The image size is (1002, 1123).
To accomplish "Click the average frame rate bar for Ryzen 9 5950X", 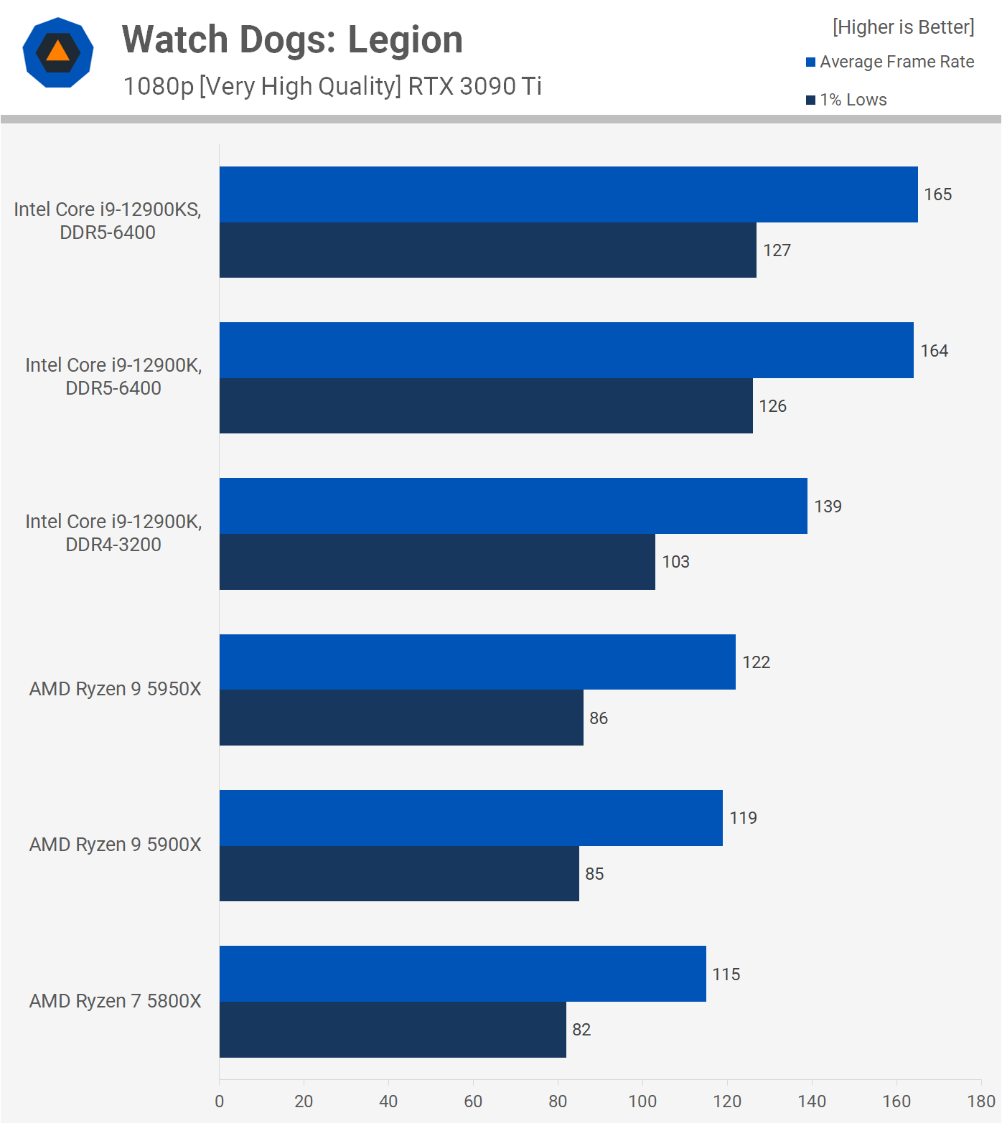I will point(477,662).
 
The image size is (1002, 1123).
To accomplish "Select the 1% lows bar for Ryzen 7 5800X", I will point(393,1029).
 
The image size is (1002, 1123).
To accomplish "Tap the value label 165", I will point(937,194).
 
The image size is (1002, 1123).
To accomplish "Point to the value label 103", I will point(675,562).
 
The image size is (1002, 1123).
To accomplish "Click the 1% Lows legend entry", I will point(847,100).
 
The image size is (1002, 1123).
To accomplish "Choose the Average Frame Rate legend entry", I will point(890,62).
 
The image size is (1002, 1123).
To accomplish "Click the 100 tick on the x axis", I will point(642,1101).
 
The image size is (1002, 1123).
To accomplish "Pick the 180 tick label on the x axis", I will point(981,1101).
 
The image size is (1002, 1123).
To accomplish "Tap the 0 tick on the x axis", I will point(219,1101).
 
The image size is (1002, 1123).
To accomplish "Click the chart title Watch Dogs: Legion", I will point(292,39).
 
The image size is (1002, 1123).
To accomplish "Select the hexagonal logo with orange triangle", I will point(58,52).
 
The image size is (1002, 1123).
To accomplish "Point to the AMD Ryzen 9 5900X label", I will point(115,845).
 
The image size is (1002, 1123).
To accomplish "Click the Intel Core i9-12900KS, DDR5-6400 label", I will point(108,221).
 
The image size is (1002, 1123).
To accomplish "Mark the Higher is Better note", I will point(903,27).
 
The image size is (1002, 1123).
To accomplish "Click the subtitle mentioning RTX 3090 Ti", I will point(332,86).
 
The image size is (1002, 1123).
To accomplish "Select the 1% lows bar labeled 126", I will point(486,405).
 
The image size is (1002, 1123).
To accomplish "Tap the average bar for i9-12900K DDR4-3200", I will point(513,506).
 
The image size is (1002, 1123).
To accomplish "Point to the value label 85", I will point(594,874).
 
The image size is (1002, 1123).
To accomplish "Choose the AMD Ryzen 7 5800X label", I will point(115,1001).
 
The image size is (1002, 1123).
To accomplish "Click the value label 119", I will point(743,818).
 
